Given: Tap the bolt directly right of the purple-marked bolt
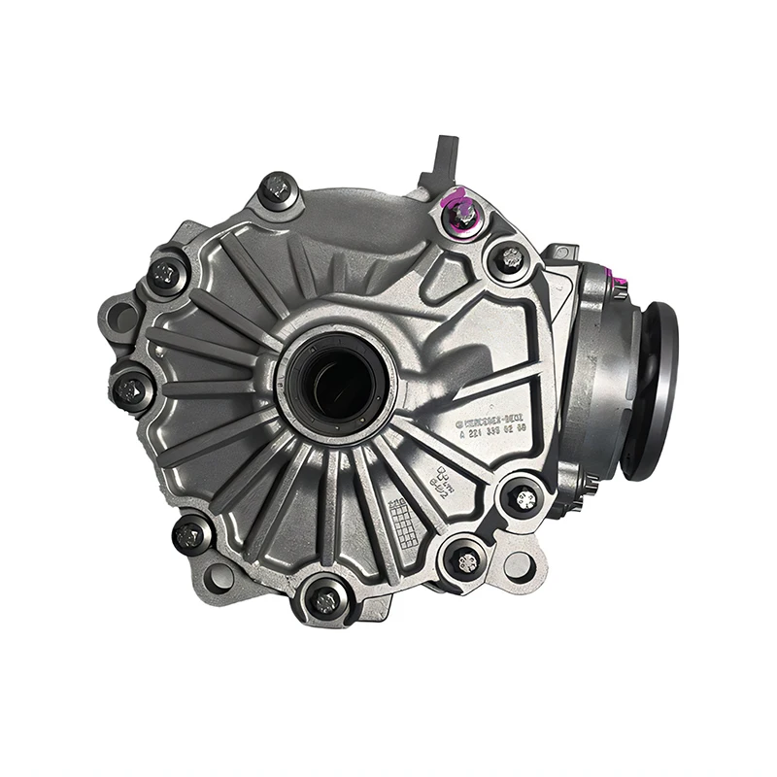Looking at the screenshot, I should click(509, 258).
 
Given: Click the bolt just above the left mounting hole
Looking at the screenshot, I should click(166, 273).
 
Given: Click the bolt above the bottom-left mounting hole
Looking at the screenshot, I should click(189, 532).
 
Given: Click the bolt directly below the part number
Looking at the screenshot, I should click(524, 497).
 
